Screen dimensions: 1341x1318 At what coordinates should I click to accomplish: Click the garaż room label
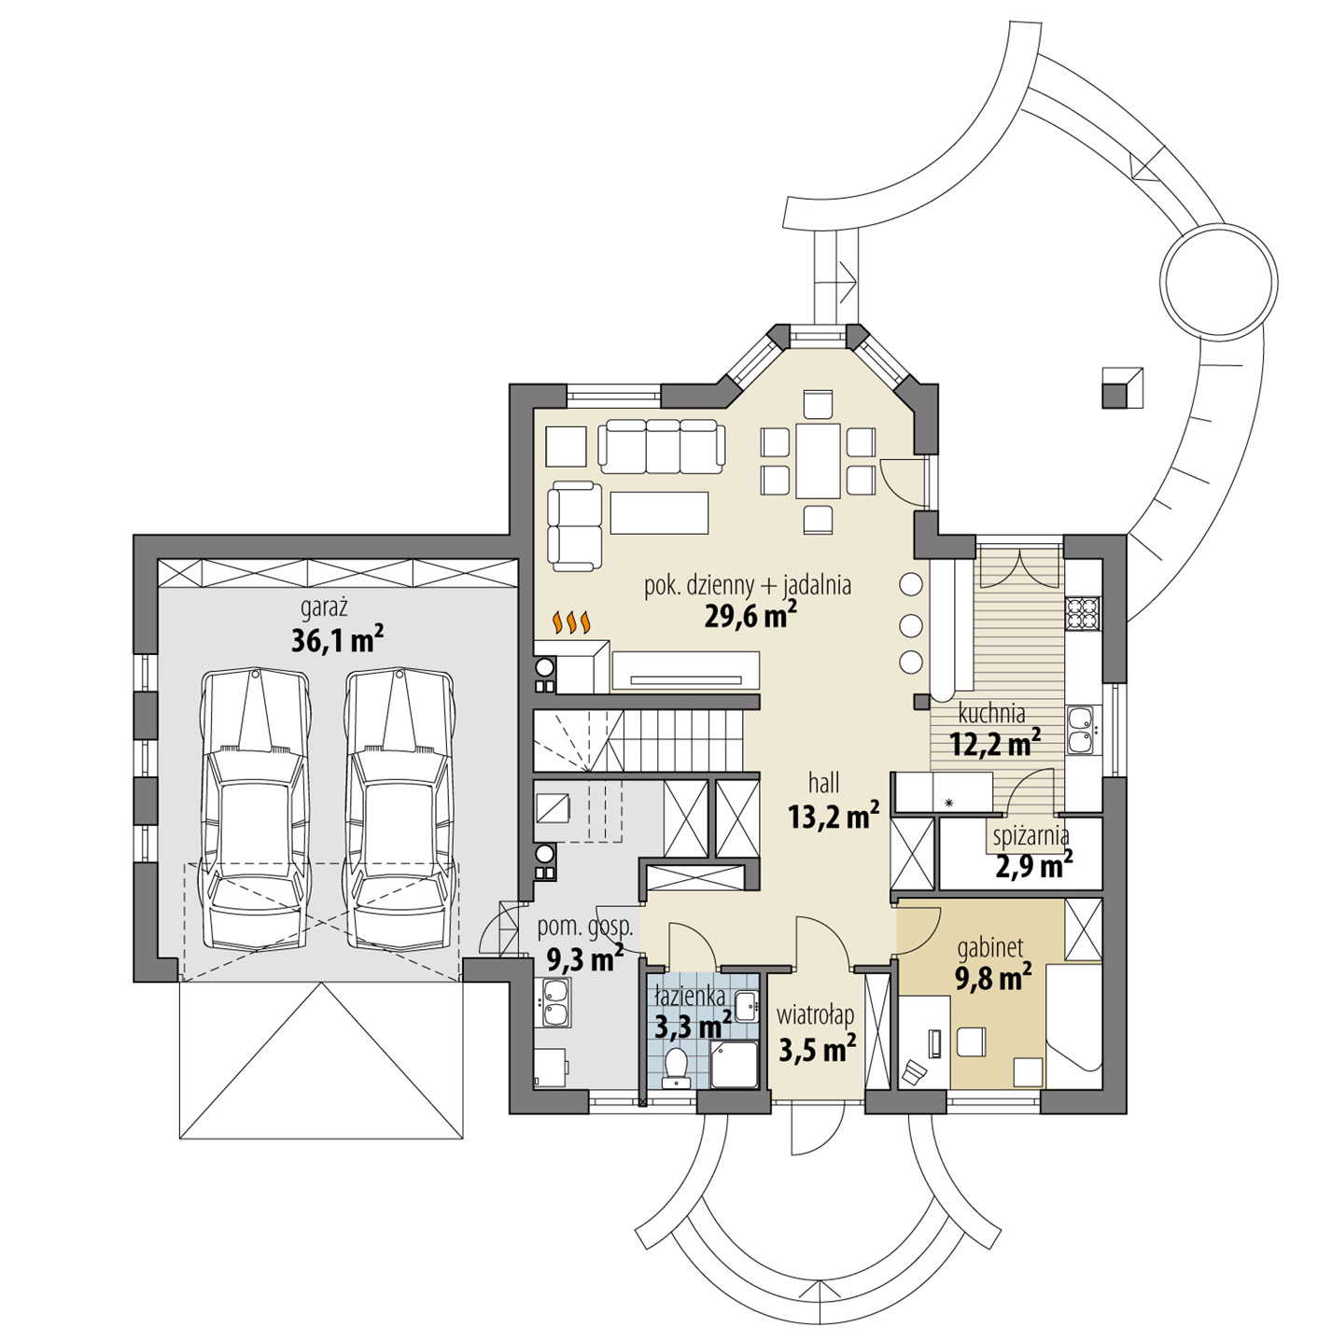324,608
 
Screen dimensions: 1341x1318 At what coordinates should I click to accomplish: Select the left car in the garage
256,808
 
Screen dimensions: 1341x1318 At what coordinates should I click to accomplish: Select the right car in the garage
400,808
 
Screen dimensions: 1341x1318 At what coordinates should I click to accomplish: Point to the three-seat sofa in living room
662,445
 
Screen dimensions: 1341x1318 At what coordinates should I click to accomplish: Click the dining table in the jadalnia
818,461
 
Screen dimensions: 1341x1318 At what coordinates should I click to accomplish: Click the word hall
824,782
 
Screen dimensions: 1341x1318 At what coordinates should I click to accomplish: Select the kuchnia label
991,713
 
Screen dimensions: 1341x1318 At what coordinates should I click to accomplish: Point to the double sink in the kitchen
1081,729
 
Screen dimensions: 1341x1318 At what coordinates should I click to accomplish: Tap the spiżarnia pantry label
1031,835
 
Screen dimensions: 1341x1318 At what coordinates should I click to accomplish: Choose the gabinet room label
990,949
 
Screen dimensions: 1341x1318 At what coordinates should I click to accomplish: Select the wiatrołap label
815,1014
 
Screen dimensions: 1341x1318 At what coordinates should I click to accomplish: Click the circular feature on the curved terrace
1217,279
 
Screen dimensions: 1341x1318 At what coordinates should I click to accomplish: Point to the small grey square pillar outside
1121,387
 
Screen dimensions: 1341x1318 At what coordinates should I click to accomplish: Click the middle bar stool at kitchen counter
911,623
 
